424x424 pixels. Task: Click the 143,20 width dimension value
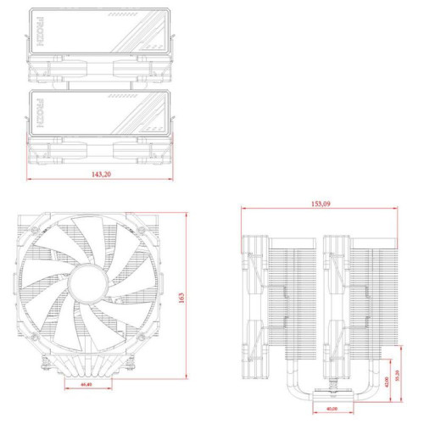click(100, 173)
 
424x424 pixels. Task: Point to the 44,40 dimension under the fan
click(86, 384)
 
